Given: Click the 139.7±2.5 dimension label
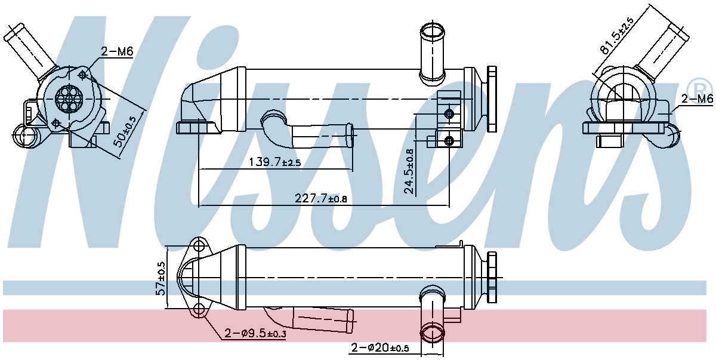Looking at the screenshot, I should [x=274, y=162].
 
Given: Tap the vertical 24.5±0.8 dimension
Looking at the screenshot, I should [x=409, y=171].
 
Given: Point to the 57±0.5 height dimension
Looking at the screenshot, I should [x=160, y=278].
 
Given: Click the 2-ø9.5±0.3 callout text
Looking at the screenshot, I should [x=255, y=333].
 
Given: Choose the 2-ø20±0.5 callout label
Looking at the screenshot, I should [x=379, y=347].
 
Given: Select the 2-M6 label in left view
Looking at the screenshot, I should [x=116, y=52].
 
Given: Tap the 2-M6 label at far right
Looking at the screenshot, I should [x=697, y=99].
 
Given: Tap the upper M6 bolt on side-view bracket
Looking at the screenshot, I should [x=449, y=114].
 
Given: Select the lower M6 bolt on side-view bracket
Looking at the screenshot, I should [x=449, y=140].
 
